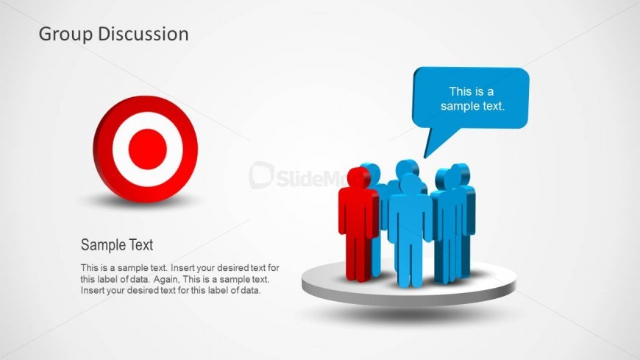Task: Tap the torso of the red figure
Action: tap(358, 213)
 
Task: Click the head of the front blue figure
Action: tap(410, 184)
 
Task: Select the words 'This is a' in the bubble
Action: tap(472, 91)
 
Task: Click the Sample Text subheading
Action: tap(117, 244)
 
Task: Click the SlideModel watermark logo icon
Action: tap(261, 175)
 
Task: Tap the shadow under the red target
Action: tap(143, 201)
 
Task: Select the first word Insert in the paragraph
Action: tap(182, 268)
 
